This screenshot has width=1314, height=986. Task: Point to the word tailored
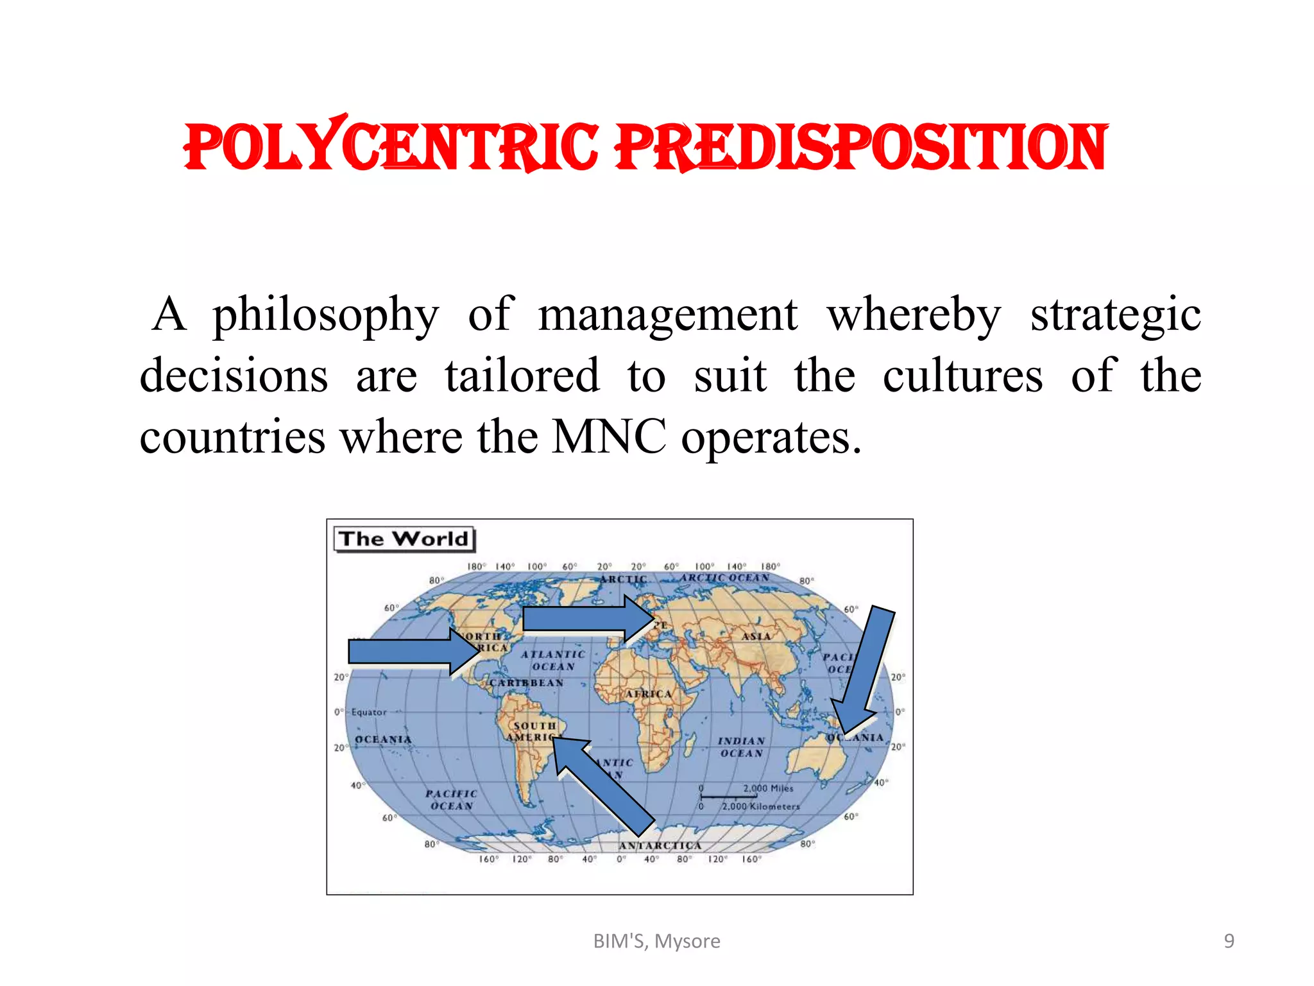[522, 376]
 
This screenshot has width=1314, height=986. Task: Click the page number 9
[1229, 941]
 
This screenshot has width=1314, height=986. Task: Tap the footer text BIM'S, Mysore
[656, 941]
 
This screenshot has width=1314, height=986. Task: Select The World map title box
[404, 539]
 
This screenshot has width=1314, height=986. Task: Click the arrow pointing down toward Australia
[866, 671]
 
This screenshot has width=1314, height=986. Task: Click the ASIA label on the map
[756, 636]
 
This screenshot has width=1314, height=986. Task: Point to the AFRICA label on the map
[648, 694]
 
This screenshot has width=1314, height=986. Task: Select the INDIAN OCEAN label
[741, 747]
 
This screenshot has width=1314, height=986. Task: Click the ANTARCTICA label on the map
[660, 845]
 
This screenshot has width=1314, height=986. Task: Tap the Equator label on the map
[369, 713]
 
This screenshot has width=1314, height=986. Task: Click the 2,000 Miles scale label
[768, 788]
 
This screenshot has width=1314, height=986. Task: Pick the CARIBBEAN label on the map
[526, 683]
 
